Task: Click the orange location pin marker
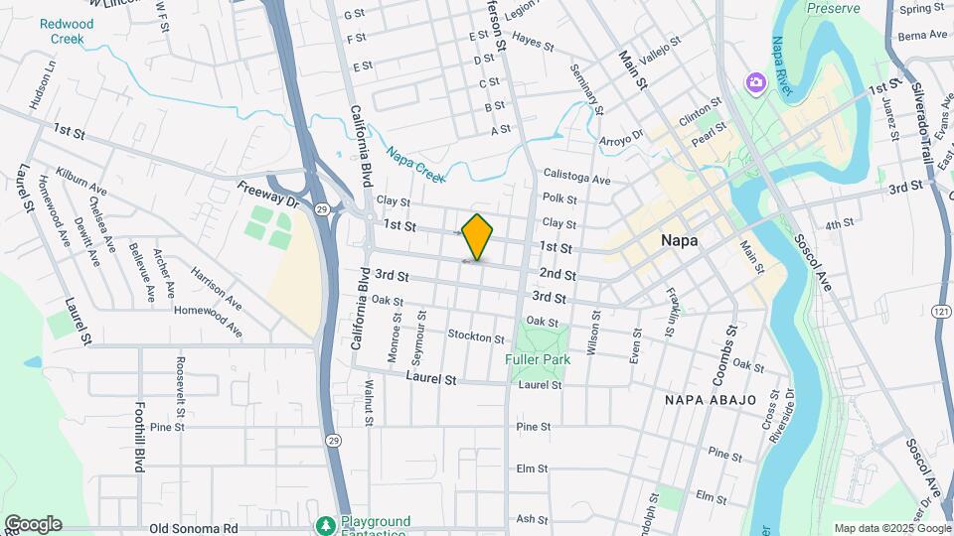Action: [x=478, y=236]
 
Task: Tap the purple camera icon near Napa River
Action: [x=755, y=80]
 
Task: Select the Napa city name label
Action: [x=683, y=240]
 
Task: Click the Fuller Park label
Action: [x=536, y=358]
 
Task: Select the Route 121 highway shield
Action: [x=938, y=312]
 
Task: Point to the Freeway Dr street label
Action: [x=267, y=194]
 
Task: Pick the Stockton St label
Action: [x=472, y=335]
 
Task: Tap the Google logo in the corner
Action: [x=33, y=524]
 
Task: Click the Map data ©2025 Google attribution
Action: [x=891, y=528]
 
